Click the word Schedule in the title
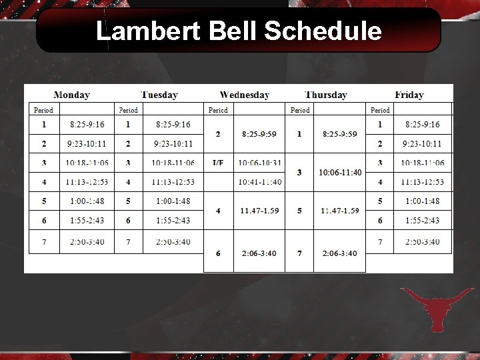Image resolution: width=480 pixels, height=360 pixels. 323,31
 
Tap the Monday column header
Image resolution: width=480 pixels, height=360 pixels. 71,95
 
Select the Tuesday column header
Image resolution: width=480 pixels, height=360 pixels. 159,95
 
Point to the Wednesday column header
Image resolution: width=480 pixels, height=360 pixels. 244,95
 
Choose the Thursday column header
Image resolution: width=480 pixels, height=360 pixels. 325,95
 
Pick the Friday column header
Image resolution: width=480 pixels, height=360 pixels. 409,95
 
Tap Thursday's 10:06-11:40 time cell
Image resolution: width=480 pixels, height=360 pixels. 340,173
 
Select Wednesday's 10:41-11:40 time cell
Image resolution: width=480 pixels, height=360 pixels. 259,182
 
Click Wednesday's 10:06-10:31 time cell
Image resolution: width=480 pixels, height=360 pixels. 259,163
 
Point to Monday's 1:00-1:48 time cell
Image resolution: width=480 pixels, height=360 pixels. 87,201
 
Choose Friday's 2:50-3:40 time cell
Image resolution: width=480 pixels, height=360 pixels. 423,242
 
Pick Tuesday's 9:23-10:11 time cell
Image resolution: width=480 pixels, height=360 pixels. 173,143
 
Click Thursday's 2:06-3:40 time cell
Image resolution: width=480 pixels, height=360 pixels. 340,253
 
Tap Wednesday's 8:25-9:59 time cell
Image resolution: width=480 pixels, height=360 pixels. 259,134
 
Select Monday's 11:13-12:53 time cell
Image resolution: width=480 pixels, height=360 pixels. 87,182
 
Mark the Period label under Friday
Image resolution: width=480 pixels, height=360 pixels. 380,110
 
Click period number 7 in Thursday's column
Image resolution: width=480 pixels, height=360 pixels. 299,253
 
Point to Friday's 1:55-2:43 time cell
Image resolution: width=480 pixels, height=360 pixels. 423,221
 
